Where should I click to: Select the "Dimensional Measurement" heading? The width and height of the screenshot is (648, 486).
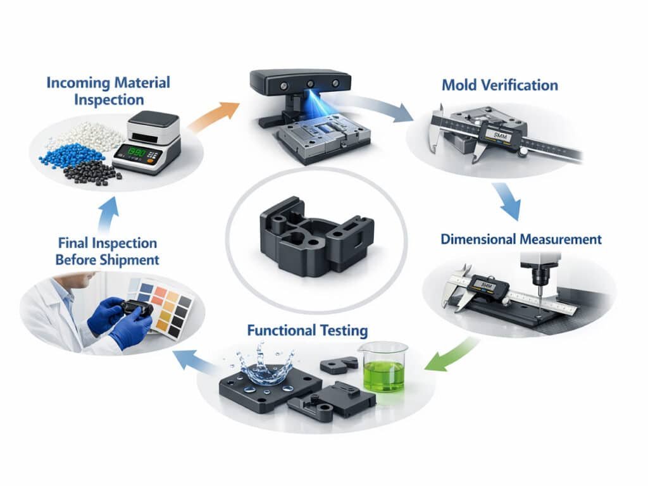point(521,239)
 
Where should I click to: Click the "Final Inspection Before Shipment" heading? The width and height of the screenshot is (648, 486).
point(107,251)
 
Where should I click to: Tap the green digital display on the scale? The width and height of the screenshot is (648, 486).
point(135,152)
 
